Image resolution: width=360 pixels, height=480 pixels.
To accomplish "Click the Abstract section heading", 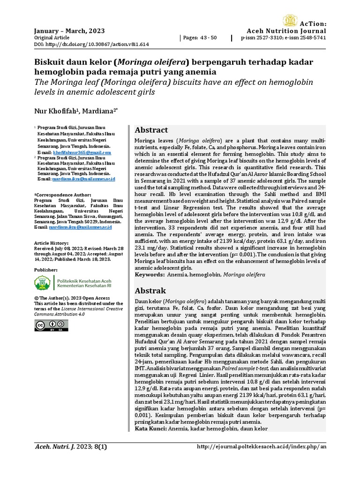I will [151, 130].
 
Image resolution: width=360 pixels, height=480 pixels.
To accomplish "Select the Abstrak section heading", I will [150, 290].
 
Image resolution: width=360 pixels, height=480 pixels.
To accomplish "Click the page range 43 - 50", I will [200, 37].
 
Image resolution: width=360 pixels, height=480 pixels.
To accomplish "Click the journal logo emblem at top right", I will [291, 21].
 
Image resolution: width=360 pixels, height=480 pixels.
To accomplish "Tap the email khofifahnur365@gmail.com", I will [82, 153].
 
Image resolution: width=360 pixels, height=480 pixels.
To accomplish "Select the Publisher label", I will [46, 270].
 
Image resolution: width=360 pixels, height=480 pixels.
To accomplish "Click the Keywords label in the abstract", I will [150, 274].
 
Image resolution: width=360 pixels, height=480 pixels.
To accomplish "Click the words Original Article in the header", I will [51, 37].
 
